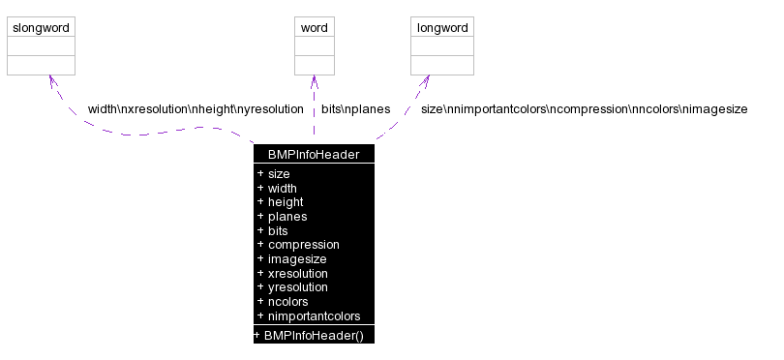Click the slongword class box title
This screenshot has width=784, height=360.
tap(41, 28)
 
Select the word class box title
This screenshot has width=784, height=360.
tap(315, 28)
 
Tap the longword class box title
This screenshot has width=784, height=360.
tap(442, 28)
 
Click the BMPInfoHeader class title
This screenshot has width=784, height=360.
tap(314, 153)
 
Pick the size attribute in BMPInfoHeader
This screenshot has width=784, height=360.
tap(279, 173)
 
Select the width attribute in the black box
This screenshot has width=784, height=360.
tap(282, 188)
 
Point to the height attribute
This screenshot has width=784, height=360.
tap(286, 202)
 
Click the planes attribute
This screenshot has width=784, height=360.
tap(287, 217)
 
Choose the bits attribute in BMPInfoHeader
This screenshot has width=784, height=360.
tap(278, 231)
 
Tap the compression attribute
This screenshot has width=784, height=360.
tap(303, 245)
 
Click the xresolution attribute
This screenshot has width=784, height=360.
tap(297, 274)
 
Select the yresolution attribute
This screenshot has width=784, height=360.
tap(297, 287)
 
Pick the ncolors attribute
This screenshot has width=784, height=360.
tap(287, 302)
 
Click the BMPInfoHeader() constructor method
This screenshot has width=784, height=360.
tap(313, 335)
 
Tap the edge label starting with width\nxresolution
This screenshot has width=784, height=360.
tap(195, 109)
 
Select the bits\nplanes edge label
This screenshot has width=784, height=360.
tap(355, 109)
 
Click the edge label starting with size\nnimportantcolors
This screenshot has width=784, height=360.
tap(584, 109)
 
